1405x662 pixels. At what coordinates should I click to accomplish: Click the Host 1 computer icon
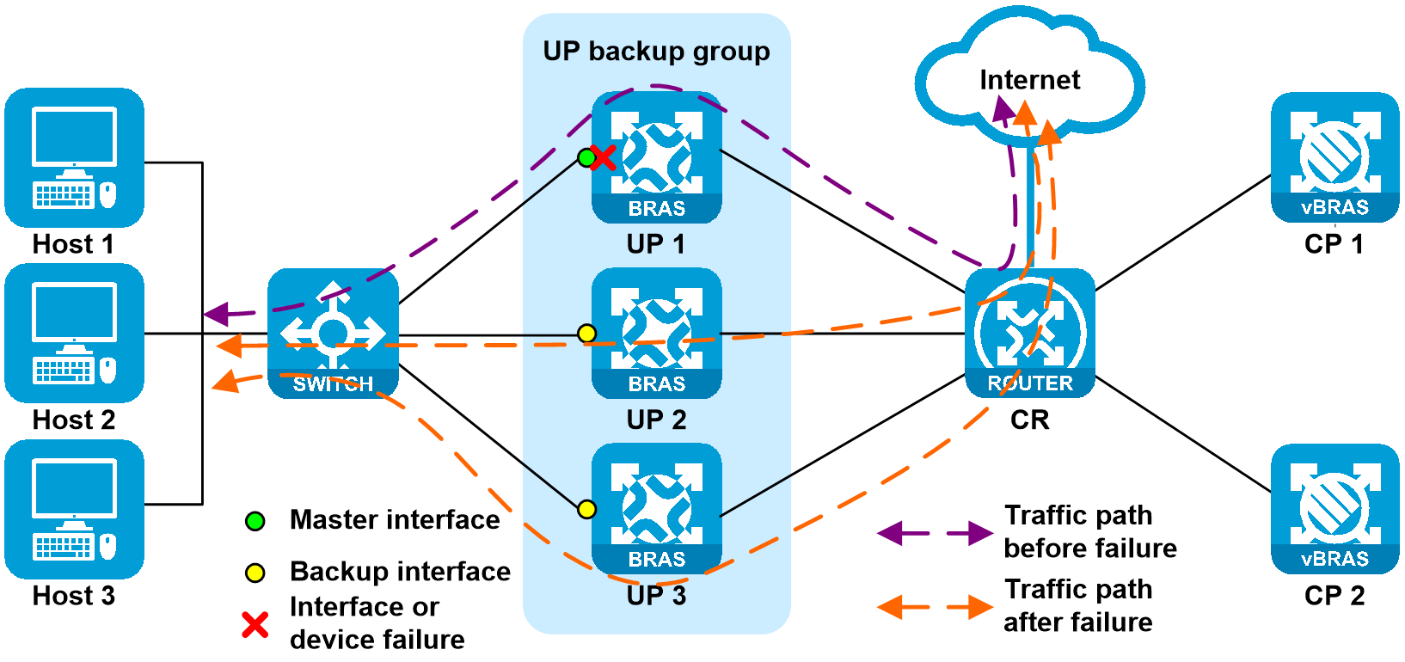pos(74,157)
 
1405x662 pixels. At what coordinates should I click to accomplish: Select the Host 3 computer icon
pos(74,509)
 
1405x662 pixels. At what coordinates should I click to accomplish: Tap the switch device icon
pos(333,334)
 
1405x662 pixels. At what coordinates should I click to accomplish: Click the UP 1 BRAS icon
pos(657,157)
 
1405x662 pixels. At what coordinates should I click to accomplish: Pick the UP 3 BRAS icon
pos(657,508)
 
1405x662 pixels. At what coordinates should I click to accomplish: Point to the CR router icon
pos(1030,333)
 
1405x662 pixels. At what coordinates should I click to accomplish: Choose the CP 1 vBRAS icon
pos(1334,157)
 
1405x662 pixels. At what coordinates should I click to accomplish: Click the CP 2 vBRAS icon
pos(1334,508)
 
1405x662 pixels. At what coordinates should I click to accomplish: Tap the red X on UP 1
pos(604,158)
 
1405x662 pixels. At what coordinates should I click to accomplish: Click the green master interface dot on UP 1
pos(586,157)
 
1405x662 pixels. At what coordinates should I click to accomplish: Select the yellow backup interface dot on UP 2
pos(586,334)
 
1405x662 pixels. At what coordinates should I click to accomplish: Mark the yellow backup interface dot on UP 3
pos(586,510)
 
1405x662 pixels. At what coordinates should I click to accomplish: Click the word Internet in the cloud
pos(1030,80)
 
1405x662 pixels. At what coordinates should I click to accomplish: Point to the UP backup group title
pos(656,52)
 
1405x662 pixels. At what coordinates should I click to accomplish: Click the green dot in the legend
pos(255,521)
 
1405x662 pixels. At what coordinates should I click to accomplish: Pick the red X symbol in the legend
pos(255,625)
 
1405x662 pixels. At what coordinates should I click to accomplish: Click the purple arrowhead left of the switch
pos(217,314)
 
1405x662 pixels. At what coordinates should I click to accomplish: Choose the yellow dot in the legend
pos(255,573)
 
